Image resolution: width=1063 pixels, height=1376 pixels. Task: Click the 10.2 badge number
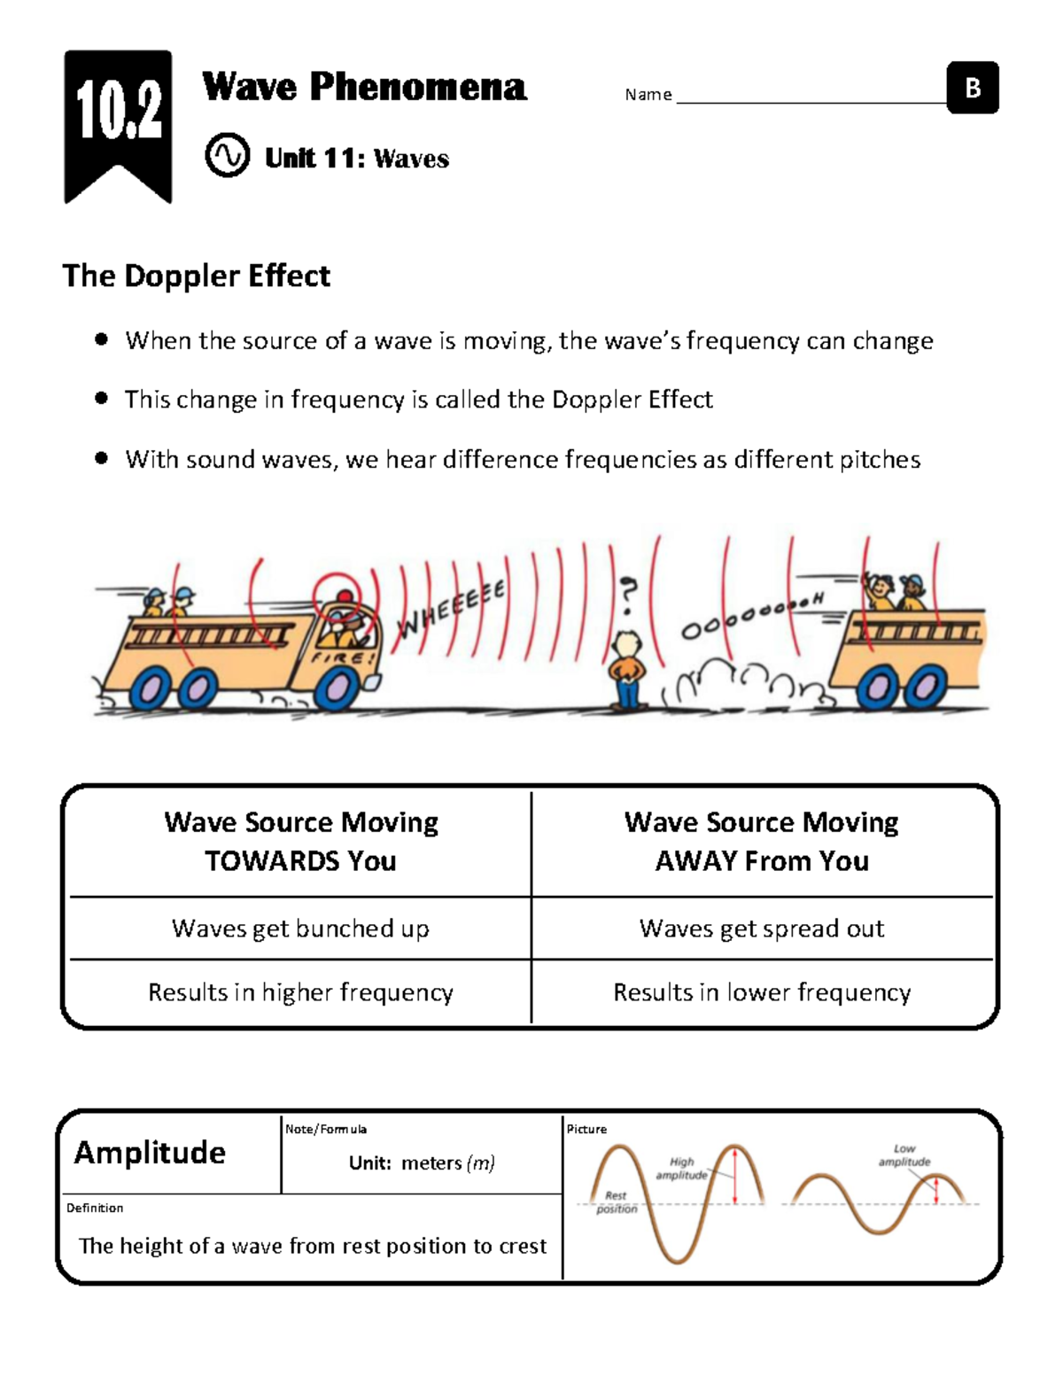pos(118,110)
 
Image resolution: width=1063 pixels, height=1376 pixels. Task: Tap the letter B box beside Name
pos(973,88)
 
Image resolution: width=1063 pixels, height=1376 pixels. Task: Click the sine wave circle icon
pos(227,156)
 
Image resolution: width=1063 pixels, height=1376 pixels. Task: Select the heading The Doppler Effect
pos(196,276)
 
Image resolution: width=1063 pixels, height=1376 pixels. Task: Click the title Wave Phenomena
pos(364,87)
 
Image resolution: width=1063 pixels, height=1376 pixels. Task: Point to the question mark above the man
pos(628,593)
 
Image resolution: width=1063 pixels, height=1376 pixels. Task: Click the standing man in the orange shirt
pos(628,669)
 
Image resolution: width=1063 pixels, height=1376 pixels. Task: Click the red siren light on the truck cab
pos(344,595)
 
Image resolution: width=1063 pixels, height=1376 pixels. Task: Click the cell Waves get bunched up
pos(300,928)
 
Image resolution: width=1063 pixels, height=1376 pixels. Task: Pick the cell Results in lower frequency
pos(762,991)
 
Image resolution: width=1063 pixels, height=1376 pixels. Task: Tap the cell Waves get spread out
pos(762,928)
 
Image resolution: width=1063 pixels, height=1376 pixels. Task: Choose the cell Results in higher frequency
pos(300,991)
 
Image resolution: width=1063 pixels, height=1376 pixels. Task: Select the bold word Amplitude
pos(150,1152)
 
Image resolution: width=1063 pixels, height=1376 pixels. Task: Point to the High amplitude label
pos(681,1168)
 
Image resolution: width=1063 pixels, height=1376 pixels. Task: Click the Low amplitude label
pos(904,1154)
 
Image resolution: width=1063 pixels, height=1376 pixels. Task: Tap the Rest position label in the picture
pos(616,1201)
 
